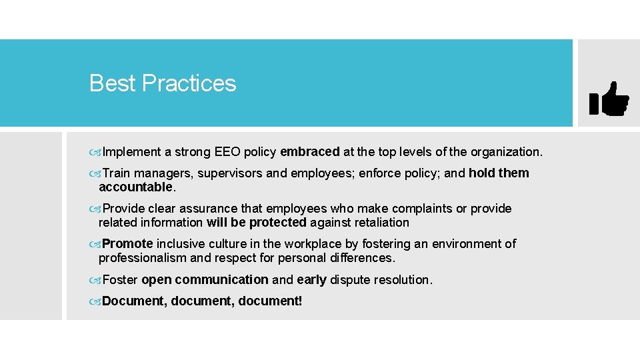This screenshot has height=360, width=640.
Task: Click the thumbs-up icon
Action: click(x=609, y=100)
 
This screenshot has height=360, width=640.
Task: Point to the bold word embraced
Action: click(x=310, y=152)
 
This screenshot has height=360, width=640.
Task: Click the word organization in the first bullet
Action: click(x=505, y=152)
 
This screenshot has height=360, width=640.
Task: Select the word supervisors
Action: click(x=230, y=173)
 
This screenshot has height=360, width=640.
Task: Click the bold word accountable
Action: click(x=135, y=187)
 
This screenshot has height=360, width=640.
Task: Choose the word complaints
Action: click(x=415, y=209)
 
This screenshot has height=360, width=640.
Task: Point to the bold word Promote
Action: click(x=127, y=244)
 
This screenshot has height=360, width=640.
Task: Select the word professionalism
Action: click(x=141, y=257)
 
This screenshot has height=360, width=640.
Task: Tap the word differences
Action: click(x=361, y=257)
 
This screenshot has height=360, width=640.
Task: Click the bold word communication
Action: click(x=221, y=279)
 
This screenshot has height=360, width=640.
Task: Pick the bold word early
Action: click(x=311, y=279)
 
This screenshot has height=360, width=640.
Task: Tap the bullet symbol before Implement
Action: click(x=96, y=153)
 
